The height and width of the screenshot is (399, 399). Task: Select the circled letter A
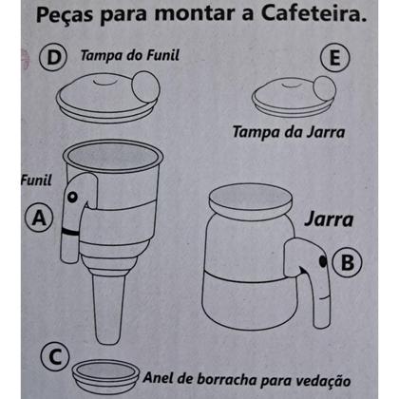[39, 218]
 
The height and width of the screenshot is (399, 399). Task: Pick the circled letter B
[349, 259]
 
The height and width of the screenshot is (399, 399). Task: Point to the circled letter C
[56, 358]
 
